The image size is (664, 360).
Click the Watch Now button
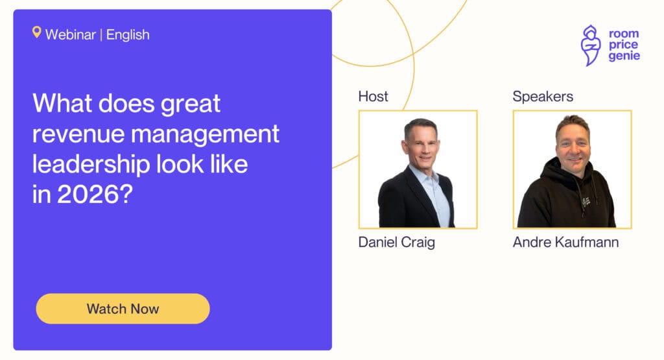pos(123,309)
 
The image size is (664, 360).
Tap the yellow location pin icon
pos(37,32)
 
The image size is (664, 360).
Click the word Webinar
pos(71,34)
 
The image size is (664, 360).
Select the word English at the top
pos(128,34)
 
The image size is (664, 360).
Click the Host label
pos(373,97)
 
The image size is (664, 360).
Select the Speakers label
pos(543,97)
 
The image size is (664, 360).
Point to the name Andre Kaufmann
pos(565,243)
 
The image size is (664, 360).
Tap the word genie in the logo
pos(624,56)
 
